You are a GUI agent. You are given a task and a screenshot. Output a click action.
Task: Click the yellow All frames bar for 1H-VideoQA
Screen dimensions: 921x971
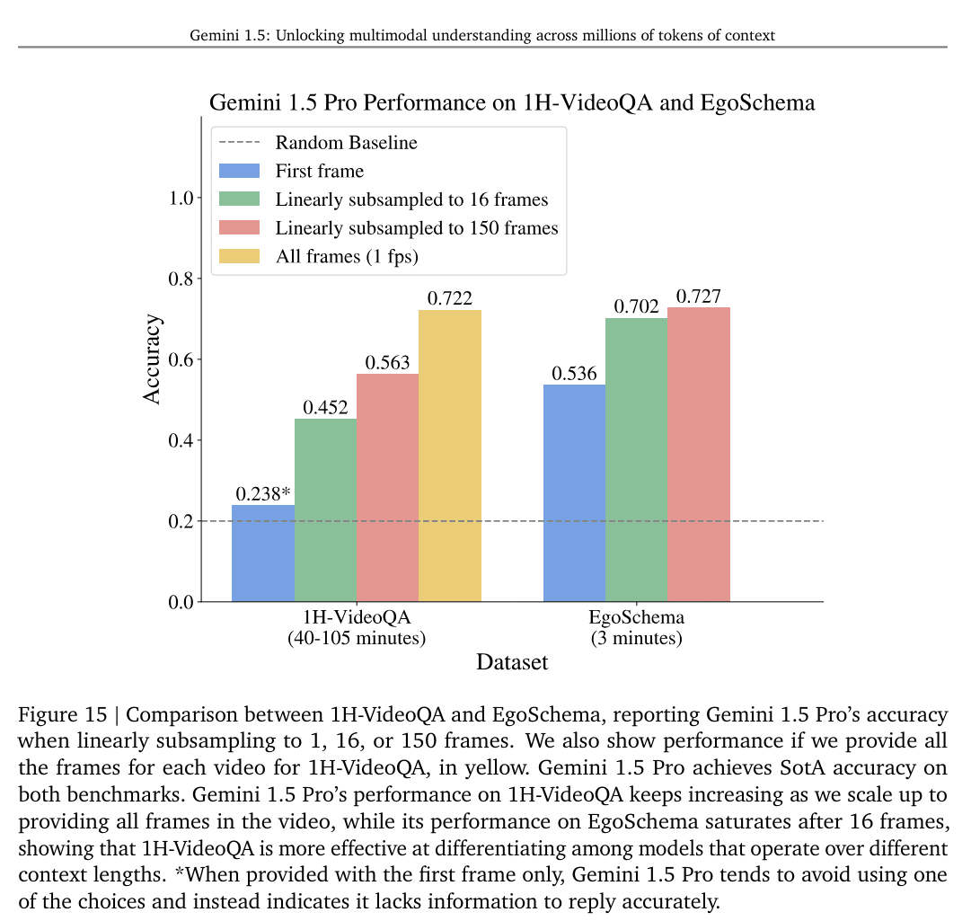(x=450, y=456)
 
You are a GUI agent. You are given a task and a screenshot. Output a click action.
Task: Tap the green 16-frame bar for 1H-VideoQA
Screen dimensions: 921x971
(x=325, y=509)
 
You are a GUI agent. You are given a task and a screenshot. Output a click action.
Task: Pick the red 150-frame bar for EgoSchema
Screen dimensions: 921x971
(x=699, y=454)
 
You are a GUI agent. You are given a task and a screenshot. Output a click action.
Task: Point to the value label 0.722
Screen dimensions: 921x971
(x=450, y=299)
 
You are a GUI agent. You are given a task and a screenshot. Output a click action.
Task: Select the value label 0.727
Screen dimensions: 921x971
(x=699, y=297)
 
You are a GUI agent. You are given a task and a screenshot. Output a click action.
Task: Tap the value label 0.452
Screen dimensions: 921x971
(x=325, y=408)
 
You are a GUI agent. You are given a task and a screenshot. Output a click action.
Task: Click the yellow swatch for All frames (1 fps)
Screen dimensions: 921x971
(x=239, y=256)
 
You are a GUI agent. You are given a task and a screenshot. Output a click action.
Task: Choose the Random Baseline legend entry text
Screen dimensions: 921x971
(x=346, y=143)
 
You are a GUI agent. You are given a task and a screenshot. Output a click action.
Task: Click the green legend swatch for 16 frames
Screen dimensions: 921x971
(x=239, y=199)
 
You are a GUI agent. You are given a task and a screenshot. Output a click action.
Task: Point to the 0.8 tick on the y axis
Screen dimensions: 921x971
(x=183, y=279)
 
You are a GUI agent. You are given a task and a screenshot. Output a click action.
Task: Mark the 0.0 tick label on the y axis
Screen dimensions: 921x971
(x=183, y=602)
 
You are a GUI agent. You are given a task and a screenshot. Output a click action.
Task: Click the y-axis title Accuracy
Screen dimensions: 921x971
(x=154, y=359)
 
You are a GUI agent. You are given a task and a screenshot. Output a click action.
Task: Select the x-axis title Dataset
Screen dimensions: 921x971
(x=512, y=663)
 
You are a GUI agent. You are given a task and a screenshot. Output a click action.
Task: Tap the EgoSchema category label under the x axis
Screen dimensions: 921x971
(x=636, y=618)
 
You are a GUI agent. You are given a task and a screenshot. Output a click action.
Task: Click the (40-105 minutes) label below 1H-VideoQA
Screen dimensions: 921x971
(x=357, y=639)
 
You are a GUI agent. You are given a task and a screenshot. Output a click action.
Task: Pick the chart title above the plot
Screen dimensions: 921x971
(x=512, y=102)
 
